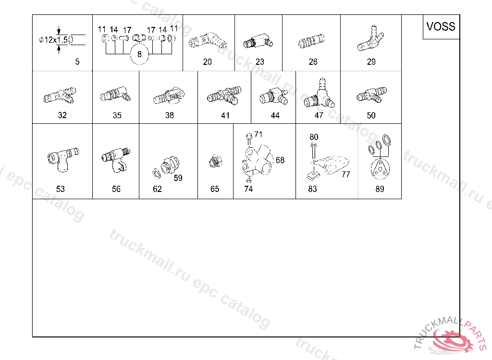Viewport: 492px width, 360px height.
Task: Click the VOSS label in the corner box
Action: (x=441, y=26)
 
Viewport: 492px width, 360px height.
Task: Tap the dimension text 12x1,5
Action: (x=56, y=40)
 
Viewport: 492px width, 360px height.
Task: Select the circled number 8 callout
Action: (x=139, y=54)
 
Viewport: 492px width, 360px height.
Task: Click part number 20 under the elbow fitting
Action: (x=207, y=62)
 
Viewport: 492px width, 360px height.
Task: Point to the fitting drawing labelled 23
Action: (x=258, y=42)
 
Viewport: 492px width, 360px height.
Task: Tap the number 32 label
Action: (x=62, y=115)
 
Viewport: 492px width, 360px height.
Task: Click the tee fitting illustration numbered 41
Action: (x=224, y=96)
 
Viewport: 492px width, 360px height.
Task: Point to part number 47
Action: (x=319, y=115)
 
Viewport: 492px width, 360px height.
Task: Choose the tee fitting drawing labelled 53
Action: (x=63, y=159)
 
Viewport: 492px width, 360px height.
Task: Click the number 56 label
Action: (x=116, y=189)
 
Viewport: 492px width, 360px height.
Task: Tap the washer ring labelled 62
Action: (x=156, y=173)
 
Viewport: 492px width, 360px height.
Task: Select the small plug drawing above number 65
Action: (x=215, y=161)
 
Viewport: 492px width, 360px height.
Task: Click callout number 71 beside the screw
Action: (x=258, y=134)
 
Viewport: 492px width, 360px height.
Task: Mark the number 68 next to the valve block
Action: (x=280, y=160)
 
